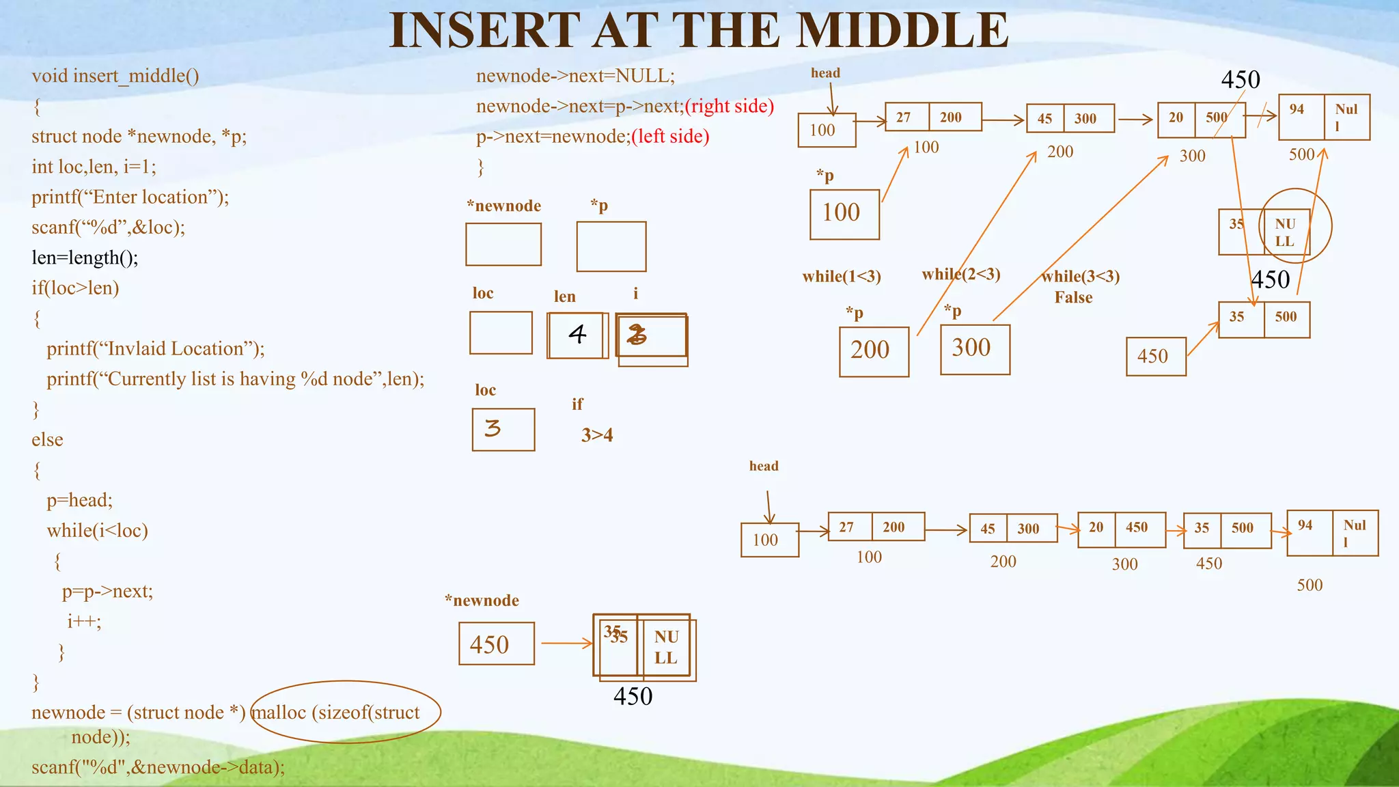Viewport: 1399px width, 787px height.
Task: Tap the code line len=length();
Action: (x=85, y=258)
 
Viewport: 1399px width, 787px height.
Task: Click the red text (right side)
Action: (x=729, y=106)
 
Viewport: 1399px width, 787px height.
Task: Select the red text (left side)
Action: (x=670, y=137)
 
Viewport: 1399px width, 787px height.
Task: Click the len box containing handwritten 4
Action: (x=577, y=335)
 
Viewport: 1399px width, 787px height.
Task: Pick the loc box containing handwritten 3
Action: (x=503, y=429)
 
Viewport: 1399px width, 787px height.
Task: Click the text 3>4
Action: (x=596, y=435)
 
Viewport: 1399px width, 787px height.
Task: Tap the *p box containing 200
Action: (x=874, y=351)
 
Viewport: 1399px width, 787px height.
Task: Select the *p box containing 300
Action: (x=974, y=349)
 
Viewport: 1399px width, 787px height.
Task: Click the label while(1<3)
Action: (x=841, y=277)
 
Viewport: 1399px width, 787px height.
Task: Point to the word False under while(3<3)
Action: (x=1072, y=298)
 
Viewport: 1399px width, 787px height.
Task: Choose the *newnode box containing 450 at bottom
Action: (x=496, y=644)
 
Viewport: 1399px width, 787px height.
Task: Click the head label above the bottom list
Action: (x=763, y=466)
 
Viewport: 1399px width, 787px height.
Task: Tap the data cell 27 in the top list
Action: (x=904, y=117)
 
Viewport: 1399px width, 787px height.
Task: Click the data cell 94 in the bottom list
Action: (x=1305, y=525)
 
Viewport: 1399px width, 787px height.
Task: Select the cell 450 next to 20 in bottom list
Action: (x=1137, y=527)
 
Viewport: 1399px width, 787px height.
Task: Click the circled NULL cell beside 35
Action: (x=1285, y=232)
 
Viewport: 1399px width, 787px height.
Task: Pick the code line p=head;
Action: (x=79, y=500)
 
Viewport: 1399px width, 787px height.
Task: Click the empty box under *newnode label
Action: (x=503, y=244)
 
